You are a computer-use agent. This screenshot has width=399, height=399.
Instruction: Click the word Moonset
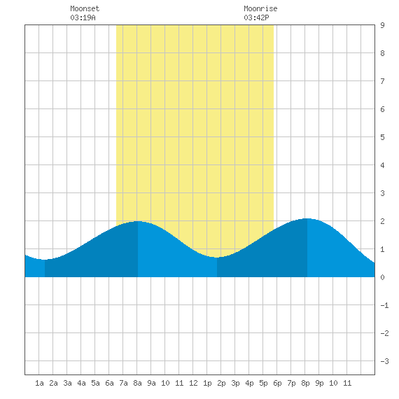85,8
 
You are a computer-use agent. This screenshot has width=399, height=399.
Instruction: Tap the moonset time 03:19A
83,17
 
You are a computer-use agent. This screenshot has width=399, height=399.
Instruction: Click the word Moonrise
260,8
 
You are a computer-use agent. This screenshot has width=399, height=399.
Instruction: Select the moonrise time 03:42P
256,17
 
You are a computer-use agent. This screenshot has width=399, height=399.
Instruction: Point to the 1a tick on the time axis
39,383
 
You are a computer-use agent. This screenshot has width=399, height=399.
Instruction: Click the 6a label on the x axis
109,383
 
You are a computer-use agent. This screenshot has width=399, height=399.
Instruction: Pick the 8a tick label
137,383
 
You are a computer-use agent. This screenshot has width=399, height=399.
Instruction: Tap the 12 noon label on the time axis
193,383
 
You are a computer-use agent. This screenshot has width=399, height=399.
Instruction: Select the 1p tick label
207,383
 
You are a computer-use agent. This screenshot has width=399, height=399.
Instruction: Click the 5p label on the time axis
263,383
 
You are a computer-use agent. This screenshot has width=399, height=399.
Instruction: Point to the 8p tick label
305,383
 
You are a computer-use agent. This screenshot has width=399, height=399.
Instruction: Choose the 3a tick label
67,383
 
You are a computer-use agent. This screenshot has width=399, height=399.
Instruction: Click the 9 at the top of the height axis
382,25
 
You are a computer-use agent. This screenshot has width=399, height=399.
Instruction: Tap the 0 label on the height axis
382,277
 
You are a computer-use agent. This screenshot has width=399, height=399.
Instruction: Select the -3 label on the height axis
384,361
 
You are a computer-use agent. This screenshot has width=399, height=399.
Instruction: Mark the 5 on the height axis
382,137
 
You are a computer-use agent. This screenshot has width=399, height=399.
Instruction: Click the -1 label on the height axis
384,305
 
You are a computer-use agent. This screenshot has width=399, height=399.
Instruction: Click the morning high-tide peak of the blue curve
138,221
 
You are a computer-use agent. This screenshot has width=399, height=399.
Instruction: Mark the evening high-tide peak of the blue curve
307,218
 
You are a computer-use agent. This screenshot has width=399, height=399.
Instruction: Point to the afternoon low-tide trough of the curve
217,258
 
